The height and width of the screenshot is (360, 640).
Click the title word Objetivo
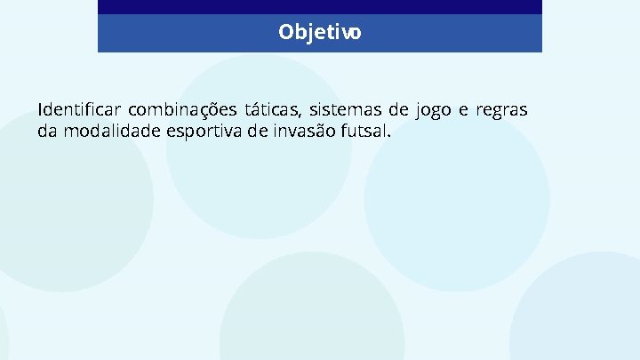coord(320,33)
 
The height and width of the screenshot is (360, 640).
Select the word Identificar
coord(78,110)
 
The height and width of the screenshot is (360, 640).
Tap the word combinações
coord(182,110)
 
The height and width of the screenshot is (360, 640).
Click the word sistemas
coord(344,110)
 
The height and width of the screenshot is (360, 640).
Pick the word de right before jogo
coord(398,110)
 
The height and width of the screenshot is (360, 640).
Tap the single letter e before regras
coord(464,110)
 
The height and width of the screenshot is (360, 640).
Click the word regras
coord(502,111)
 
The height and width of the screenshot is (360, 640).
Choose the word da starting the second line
coord(46,132)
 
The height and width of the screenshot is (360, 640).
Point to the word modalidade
coord(111,132)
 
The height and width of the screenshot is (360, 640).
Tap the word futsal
coord(364,132)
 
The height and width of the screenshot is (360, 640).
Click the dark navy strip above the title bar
coord(320,6)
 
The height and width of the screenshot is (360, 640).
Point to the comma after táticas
coord(302,116)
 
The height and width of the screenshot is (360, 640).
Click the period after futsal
coord(388,137)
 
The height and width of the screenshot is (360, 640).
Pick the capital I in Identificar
coord(40,110)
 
